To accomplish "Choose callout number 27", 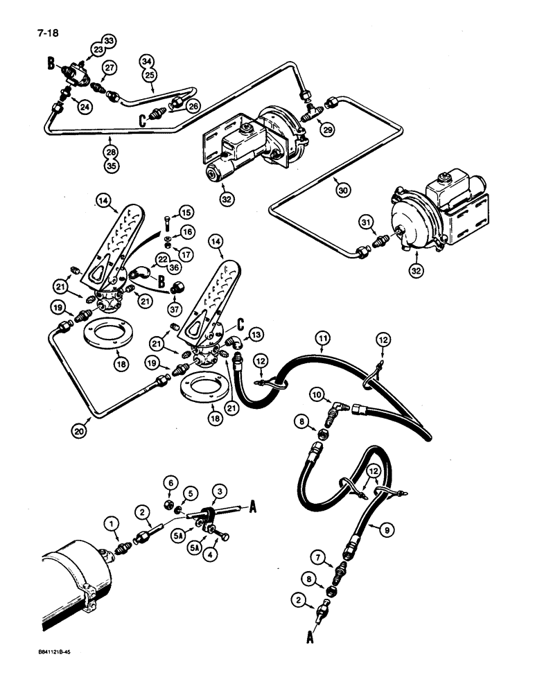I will [109, 67].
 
